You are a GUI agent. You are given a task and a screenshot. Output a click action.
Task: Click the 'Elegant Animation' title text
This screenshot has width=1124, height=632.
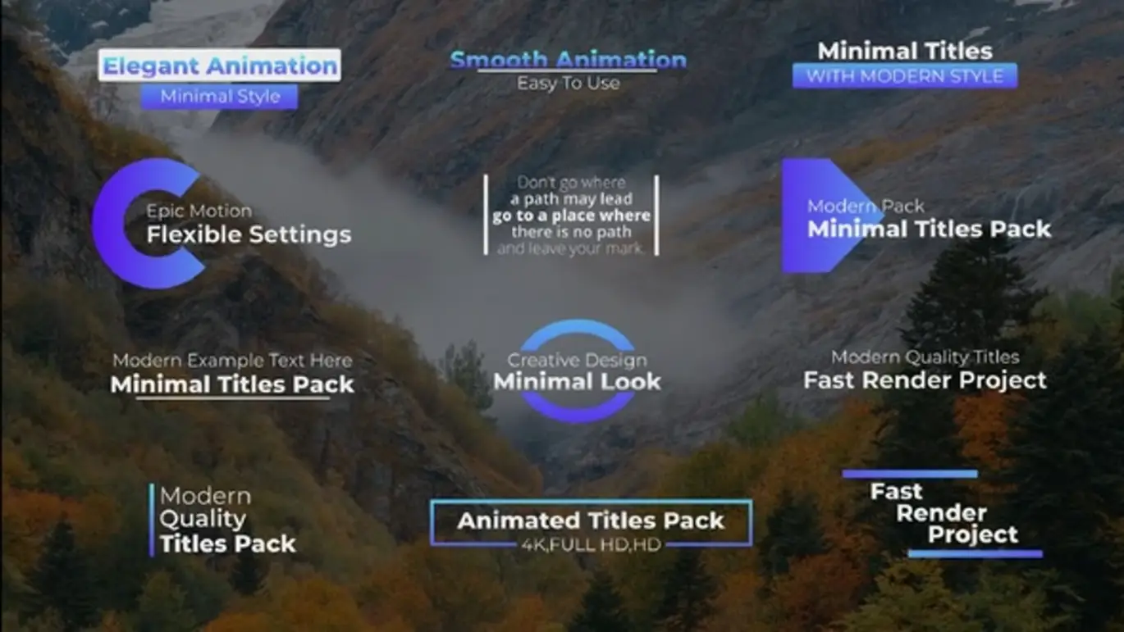point(220,66)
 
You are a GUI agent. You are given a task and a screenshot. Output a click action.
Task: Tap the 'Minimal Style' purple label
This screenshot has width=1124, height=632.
point(220,97)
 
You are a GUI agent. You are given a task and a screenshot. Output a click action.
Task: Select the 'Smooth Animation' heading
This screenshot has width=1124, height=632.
point(568,60)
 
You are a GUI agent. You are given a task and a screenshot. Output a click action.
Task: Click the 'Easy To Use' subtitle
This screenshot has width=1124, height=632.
point(568,83)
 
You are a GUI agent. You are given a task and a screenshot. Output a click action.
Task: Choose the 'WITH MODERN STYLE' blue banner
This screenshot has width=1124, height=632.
point(904,76)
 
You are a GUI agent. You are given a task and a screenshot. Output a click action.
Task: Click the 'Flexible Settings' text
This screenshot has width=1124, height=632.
point(249,235)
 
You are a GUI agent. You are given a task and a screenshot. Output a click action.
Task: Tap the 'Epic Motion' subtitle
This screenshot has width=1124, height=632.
point(199,211)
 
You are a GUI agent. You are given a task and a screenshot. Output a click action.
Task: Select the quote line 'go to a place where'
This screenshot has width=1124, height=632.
point(571,216)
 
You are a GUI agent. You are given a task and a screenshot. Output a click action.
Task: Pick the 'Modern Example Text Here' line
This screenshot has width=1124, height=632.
point(232,361)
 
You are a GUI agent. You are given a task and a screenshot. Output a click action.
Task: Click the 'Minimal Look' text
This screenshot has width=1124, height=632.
point(577,381)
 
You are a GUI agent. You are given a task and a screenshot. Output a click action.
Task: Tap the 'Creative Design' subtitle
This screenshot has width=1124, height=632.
point(577,360)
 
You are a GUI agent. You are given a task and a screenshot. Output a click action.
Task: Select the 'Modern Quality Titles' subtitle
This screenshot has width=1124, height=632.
point(925,357)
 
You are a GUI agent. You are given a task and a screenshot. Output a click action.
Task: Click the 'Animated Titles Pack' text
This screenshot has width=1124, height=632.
point(591,521)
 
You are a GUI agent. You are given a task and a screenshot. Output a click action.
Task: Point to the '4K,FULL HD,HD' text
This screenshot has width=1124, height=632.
point(591,543)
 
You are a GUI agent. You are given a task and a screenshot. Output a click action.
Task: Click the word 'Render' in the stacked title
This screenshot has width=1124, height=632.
point(941,513)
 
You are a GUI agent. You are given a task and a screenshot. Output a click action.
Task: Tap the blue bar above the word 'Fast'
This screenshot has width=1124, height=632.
point(909,474)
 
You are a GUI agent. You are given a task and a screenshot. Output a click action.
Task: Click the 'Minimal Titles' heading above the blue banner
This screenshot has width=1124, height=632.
point(904,51)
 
